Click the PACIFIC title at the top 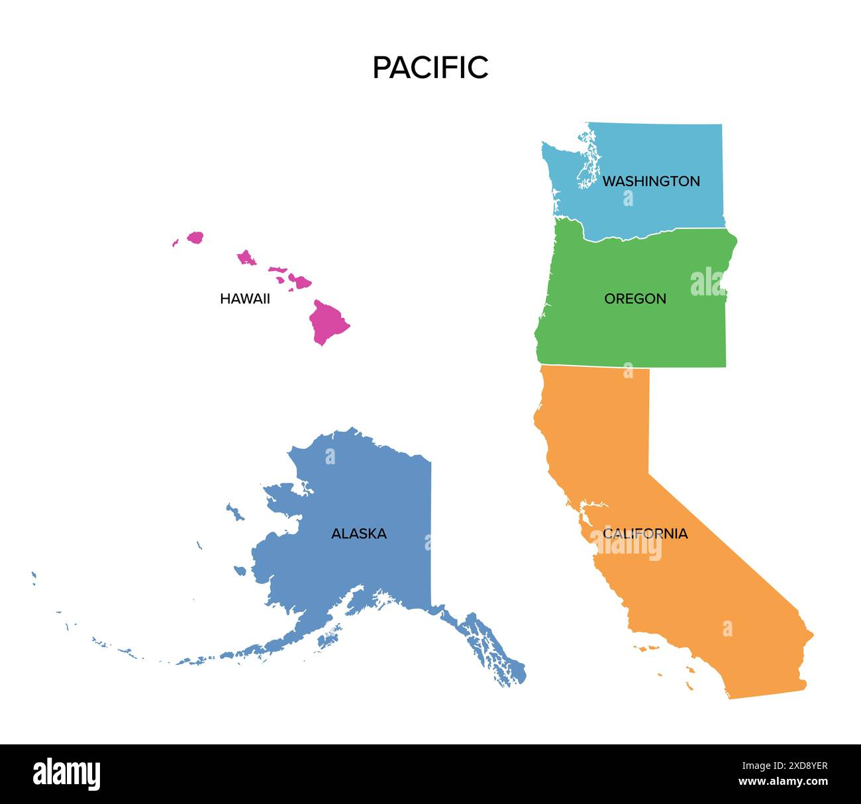click(x=430, y=68)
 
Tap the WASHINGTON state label click(x=650, y=181)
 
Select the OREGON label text click(x=634, y=299)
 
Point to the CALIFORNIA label click(x=644, y=534)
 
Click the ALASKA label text click(x=358, y=534)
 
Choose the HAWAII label click(x=244, y=299)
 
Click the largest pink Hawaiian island click(x=327, y=322)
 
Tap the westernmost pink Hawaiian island click(x=176, y=243)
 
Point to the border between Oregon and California click(x=629, y=366)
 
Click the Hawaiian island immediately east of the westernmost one click(x=195, y=237)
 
